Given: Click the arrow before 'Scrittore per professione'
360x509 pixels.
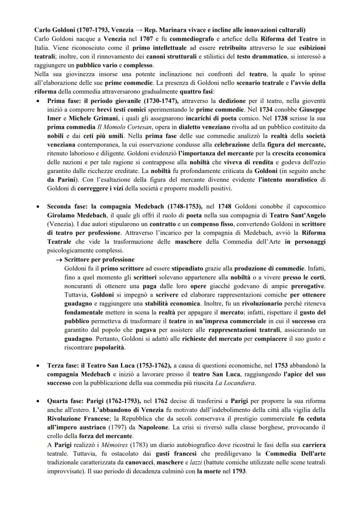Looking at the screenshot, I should pos(58,259).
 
